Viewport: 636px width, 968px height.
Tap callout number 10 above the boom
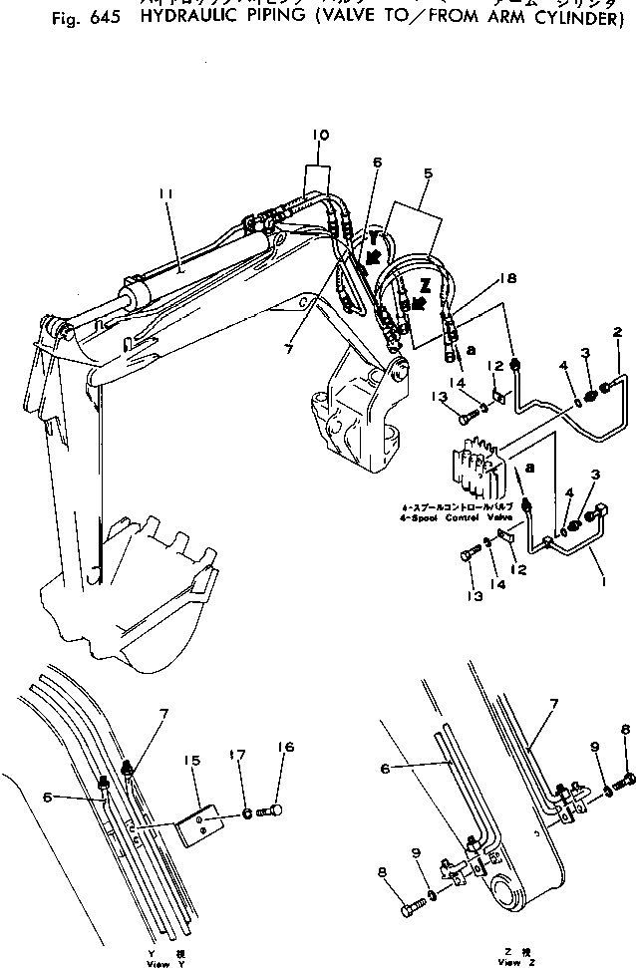tap(320, 134)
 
